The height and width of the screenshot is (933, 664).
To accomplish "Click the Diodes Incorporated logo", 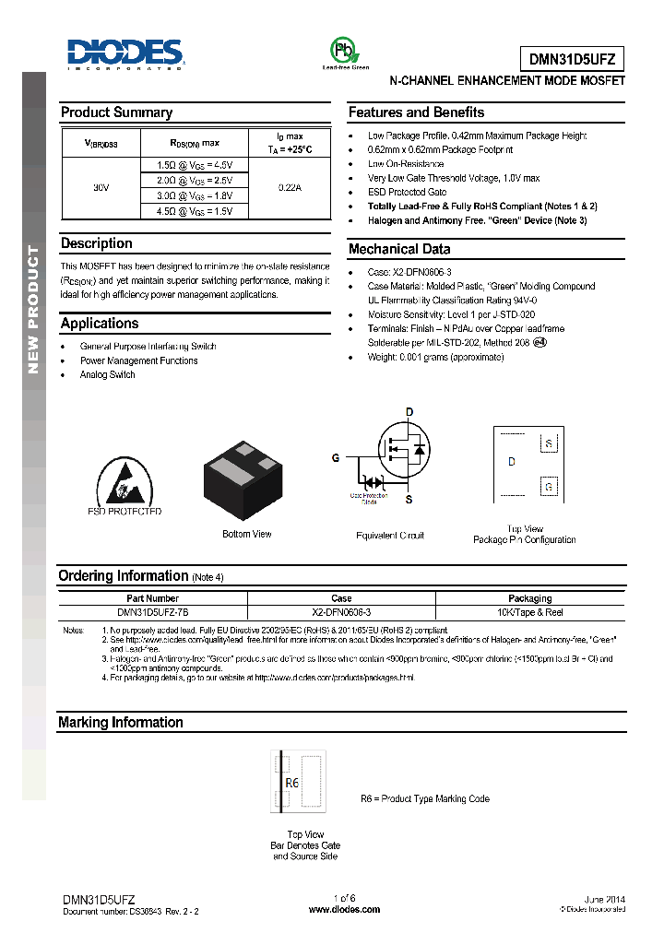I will tap(125, 54).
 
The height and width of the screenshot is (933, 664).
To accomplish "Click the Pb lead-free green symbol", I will tap(344, 50).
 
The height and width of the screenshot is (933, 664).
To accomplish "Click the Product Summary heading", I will tap(116, 112).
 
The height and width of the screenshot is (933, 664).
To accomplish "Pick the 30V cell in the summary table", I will tap(101, 187).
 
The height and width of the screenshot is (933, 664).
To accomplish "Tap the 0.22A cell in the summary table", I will tap(290, 187).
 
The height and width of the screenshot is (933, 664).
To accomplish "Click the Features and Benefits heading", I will tap(416, 112).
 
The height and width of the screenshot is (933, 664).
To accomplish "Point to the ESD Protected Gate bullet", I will tap(407, 192).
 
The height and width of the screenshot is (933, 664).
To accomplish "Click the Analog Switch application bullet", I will tap(107, 375).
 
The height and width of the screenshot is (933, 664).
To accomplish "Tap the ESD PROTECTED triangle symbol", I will tap(124, 480).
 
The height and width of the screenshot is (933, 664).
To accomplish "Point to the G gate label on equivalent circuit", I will tap(336, 457).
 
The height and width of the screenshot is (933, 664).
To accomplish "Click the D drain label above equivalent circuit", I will tap(409, 411).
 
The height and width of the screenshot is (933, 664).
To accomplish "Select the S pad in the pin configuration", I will tap(549, 443).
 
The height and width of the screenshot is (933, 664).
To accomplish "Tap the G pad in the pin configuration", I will tap(549, 486).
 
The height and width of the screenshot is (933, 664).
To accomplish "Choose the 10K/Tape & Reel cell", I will tap(529, 612).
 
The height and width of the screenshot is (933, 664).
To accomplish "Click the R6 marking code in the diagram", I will tap(292, 784).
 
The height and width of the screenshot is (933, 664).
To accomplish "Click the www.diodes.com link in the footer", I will tap(344, 909).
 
